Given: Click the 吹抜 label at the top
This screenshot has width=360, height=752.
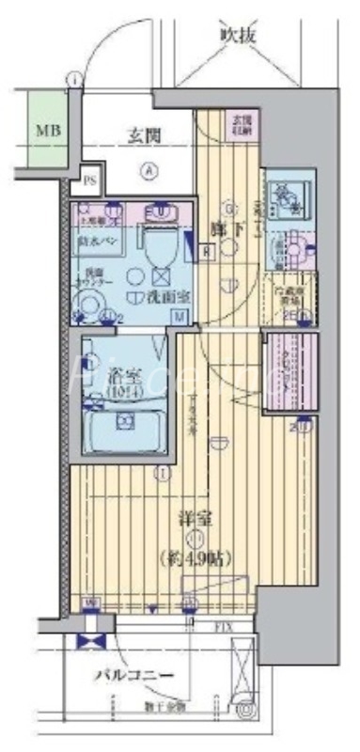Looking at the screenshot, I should coord(239,35).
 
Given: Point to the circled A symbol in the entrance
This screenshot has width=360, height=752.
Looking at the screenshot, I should coord(148,170).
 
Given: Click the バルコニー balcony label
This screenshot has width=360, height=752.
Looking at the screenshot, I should coord(133,675).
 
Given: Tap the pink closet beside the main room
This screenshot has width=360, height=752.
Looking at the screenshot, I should coord(290,370).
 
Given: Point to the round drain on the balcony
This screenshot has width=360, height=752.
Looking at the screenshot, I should coord(246,712).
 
